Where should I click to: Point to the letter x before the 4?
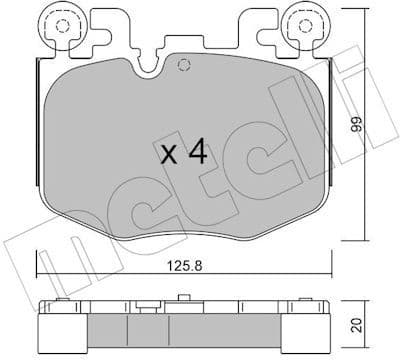point(170,155)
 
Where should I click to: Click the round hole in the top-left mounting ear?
point(66,27)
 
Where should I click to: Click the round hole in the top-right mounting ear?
point(304,27)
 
